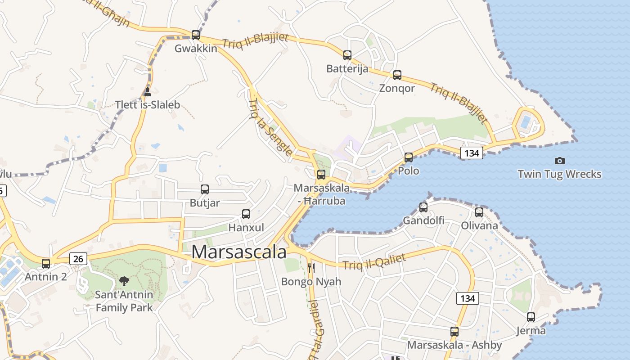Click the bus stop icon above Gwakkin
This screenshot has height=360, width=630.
(x=195, y=35)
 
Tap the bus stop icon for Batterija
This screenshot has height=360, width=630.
(x=347, y=55)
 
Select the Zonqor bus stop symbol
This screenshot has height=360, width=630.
(x=397, y=75)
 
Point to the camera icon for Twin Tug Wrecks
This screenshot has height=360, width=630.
(x=559, y=161)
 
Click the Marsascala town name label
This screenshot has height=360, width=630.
(x=239, y=252)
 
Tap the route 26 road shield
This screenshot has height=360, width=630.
(x=78, y=259)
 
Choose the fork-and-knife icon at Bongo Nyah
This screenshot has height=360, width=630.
(x=311, y=269)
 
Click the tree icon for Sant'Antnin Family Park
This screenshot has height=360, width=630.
(x=124, y=282)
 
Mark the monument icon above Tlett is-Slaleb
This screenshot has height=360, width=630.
(x=147, y=92)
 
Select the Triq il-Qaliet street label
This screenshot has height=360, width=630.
(x=374, y=262)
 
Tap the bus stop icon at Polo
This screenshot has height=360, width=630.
(x=408, y=157)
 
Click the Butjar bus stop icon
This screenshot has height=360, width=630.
(x=205, y=189)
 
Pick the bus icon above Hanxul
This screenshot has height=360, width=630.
(x=246, y=214)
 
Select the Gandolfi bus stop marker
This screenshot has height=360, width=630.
(x=423, y=207)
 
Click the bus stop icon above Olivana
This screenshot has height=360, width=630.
(x=479, y=212)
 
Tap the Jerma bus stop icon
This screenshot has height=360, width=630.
(x=531, y=317)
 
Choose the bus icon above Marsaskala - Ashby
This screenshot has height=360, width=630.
(x=454, y=332)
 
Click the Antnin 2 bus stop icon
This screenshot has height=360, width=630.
(x=46, y=263)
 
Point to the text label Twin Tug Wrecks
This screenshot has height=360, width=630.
(x=559, y=174)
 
